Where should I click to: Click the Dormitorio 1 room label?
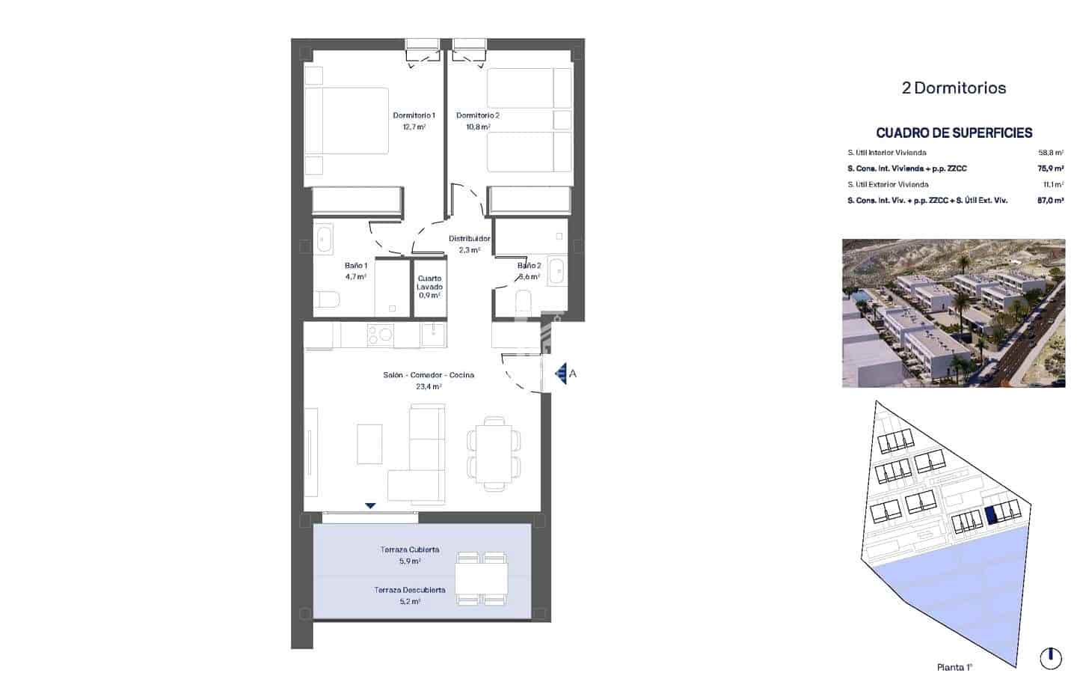[x=414, y=115]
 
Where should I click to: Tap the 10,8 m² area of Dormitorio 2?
[x=478, y=127]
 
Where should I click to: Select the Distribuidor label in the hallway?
[x=469, y=239]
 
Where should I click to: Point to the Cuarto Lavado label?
[x=429, y=282]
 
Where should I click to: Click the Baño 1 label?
[x=355, y=266]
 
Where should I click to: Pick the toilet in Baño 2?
[x=524, y=301]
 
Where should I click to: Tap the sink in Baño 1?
[x=325, y=240]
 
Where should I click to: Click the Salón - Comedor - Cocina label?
[x=429, y=375]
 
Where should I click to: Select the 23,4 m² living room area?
[x=429, y=387]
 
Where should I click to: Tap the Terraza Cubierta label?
[x=409, y=549]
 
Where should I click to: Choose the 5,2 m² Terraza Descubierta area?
[x=409, y=601]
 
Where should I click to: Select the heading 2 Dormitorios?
[x=954, y=88]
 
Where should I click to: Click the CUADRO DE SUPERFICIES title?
[x=954, y=133]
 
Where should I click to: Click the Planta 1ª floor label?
[x=954, y=667]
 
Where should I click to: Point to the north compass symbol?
[x=1050, y=658]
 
